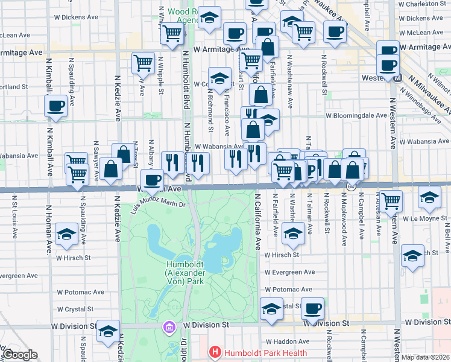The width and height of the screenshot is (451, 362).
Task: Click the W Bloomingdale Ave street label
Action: pos(356,115)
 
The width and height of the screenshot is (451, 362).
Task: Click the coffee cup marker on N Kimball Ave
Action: pos(55,106)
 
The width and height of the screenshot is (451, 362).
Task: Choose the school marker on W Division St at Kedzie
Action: pos(108,331)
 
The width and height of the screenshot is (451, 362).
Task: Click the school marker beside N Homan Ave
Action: pos(66,233)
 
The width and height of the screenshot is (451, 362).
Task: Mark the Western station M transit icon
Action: pos(398,78)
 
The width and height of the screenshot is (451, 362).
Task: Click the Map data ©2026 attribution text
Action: pos(426,357)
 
